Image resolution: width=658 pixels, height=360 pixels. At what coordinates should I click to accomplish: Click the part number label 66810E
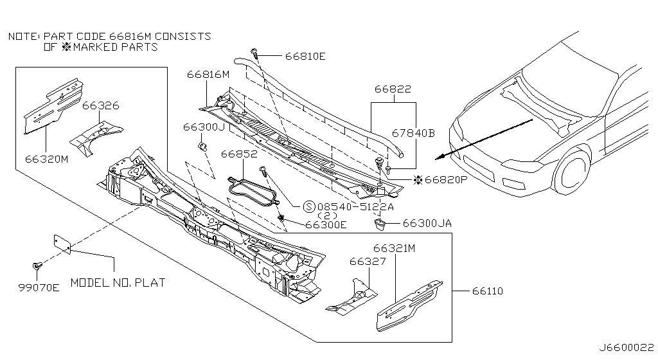pos(305,56)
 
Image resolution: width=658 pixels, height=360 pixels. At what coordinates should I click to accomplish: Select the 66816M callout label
pos(208,75)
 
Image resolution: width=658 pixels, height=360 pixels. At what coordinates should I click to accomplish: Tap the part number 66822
pos(393,89)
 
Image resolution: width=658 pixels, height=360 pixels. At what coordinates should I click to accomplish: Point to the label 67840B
pos(413,134)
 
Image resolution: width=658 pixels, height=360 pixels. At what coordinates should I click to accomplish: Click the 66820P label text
pos(446,180)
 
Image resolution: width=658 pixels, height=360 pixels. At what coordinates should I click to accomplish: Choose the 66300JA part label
pos(427,223)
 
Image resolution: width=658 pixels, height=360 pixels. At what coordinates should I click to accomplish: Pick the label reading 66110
pos(488,291)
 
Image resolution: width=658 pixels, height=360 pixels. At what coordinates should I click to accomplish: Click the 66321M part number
pos(394,248)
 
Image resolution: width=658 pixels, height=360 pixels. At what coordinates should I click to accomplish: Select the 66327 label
pos(368,262)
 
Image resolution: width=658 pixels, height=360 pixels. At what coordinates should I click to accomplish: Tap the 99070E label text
pos(39,288)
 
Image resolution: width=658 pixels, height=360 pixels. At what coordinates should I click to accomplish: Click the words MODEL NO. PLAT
pos(118,283)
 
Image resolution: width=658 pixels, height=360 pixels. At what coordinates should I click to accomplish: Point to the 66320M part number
pos(46,159)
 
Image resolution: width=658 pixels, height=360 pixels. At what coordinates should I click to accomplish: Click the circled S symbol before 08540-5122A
pos(309,206)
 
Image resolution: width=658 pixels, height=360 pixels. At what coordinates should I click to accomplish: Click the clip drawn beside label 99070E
pos(37,266)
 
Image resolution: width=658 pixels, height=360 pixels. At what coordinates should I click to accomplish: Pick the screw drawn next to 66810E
pos(254,53)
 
